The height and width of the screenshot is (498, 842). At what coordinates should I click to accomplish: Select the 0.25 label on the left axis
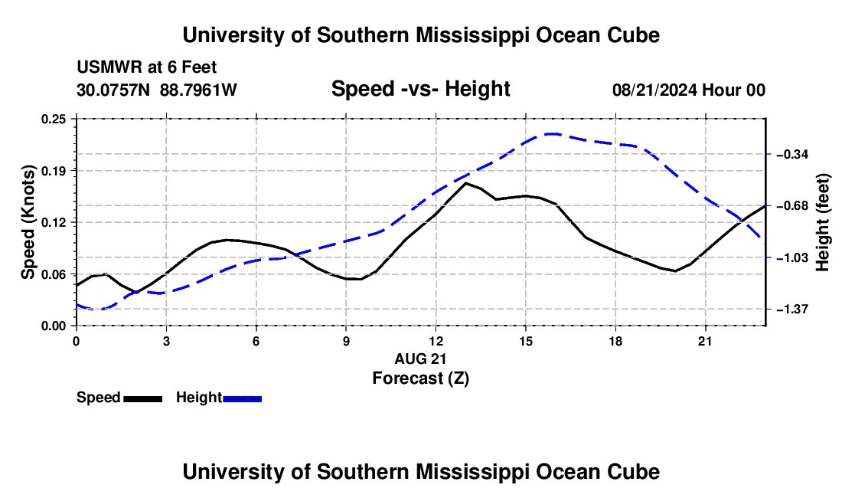pyautogui.click(x=54, y=120)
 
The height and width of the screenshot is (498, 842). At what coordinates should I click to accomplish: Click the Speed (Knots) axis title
pyautogui.click(x=28, y=222)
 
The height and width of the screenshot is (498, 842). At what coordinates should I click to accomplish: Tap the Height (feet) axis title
pyautogui.click(x=823, y=222)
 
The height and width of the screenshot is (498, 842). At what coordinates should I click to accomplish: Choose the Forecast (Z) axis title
pyautogui.click(x=421, y=378)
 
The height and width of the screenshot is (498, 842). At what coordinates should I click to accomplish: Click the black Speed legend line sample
pyautogui.click(x=143, y=399)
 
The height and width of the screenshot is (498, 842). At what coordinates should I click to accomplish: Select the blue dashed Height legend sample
pyautogui.click(x=242, y=399)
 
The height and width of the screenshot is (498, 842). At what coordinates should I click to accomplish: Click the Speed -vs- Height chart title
pyautogui.click(x=420, y=89)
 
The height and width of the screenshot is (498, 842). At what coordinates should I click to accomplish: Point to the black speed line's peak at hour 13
pyautogui.click(x=465, y=183)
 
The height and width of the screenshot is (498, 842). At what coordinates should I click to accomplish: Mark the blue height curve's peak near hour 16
pyautogui.click(x=551, y=134)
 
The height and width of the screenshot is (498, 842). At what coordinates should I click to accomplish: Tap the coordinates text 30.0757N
pyautogui.click(x=114, y=90)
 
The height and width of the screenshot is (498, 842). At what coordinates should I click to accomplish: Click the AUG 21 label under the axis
pyautogui.click(x=420, y=359)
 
